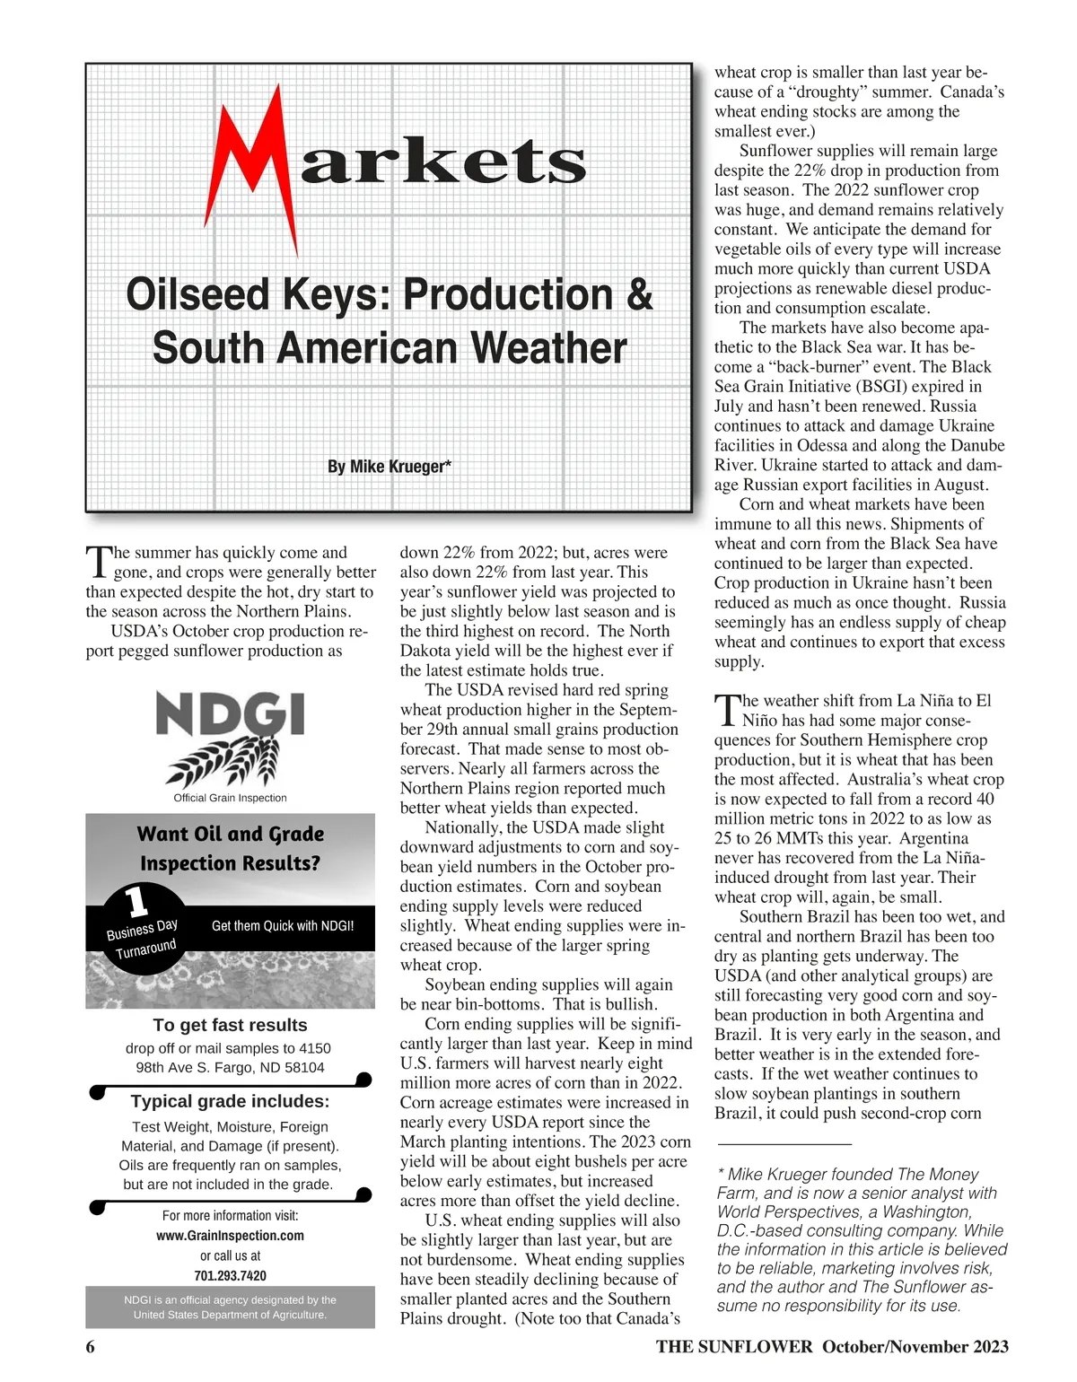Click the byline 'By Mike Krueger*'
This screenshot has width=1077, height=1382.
[x=389, y=467]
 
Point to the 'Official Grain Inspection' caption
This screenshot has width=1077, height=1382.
[x=230, y=798]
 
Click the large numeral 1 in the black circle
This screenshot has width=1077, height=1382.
[x=136, y=901]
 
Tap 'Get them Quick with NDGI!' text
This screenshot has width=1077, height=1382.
[x=283, y=926]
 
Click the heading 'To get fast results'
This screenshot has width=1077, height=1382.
[x=230, y=1025]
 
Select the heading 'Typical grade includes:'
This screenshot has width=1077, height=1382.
[x=230, y=1101]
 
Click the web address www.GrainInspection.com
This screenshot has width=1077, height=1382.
[x=230, y=1236]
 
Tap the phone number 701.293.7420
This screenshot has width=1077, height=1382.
[x=230, y=1275]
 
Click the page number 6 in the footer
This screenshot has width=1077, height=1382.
[x=91, y=1347]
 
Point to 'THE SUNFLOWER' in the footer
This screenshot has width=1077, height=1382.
[x=733, y=1347]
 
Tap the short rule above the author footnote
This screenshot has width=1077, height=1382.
[x=784, y=1144]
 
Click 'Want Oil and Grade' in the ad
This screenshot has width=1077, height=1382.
[x=230, y=834]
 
